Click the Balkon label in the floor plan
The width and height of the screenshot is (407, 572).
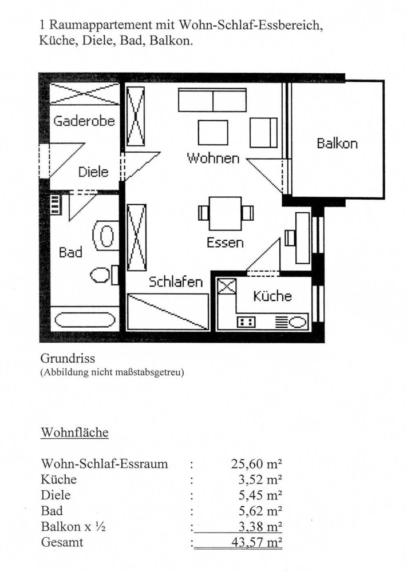tap(337, 144)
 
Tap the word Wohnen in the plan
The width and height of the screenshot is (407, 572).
tap(213, 158)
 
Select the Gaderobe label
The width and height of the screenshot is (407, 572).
tap(84, 121)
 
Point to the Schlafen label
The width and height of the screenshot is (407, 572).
tap(176, 281)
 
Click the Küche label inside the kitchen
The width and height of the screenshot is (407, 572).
tap(272, 296)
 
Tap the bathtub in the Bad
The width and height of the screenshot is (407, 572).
tap(85, 320)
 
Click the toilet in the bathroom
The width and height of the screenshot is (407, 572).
tap(104, 275)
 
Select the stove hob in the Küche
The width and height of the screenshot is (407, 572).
tap(246, 322)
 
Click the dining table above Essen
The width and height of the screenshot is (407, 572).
tap(225, 213)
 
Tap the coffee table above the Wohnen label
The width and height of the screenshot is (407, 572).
tap(213, 133)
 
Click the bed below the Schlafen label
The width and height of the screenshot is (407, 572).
tap(168, 312)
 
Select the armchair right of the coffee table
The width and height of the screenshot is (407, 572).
tap(263, 133)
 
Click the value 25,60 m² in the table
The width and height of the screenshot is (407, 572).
tap(256, 464)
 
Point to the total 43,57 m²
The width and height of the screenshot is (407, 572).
tap(256, 542)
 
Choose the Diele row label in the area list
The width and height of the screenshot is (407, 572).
tap(56, 495)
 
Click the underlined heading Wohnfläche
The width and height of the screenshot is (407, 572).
tap(75, 432)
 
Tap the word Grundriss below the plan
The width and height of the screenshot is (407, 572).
tap(68, 358)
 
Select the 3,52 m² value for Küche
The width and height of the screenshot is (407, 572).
tap(260, 479)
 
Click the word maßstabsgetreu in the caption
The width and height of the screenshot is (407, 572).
tap(149, 372)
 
